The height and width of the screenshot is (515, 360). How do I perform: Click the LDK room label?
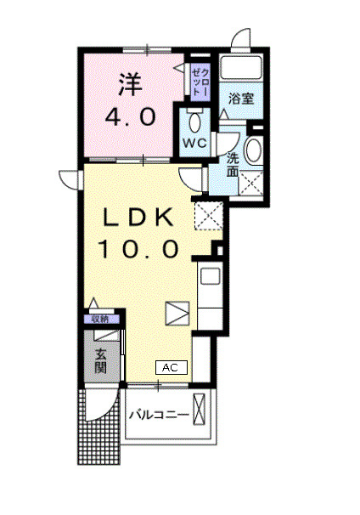point(141,218)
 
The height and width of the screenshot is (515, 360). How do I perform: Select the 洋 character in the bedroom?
point(128,84)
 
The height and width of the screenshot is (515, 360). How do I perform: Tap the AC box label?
point(170,368)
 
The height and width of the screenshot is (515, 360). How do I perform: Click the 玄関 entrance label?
point(100,361)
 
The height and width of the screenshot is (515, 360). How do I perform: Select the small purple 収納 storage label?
point(100,320)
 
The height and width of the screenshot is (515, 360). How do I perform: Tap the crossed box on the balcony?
point(201,410)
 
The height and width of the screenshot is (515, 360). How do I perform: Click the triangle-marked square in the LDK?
point(177,313)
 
